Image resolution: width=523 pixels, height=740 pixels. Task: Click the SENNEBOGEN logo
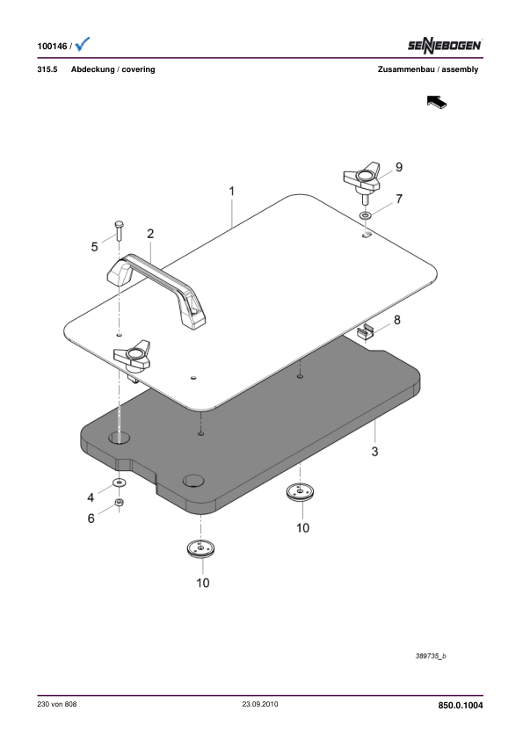pos(445,46)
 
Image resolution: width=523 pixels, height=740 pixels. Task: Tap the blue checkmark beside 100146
pos(82,44)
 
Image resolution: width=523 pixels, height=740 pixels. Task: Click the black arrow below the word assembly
pos(437,101)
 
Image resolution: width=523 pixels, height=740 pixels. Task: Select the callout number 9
pos(399,167)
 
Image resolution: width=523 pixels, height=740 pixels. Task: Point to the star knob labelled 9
pos(362,178)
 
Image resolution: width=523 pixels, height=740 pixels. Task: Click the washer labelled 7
pos(366,215)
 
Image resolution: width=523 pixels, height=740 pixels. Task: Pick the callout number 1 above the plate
pos(231,191)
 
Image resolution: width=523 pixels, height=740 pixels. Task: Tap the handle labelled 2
pos(156,289)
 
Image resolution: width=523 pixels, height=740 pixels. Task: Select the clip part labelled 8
pos(366,332)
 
